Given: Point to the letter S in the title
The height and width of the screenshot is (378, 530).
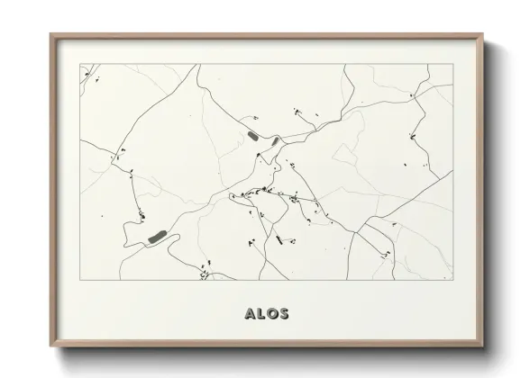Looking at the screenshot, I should tap(284, 314).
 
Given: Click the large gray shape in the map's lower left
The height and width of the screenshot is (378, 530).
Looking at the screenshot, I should tap(157, 238).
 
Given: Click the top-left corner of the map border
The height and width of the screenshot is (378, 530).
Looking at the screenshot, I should tap(79, 64).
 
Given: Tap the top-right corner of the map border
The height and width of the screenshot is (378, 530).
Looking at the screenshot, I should tap(452, 64).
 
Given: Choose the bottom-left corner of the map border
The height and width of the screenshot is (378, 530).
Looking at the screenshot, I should tap(79, 280).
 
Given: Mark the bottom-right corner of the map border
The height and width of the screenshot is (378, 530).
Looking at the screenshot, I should tap(452, 280).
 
